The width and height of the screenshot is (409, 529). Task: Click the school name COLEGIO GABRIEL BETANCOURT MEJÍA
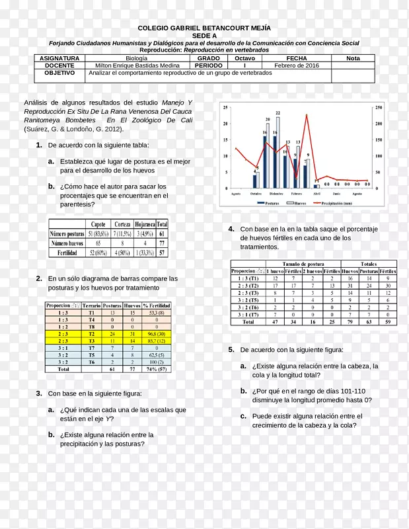tap(204, 28)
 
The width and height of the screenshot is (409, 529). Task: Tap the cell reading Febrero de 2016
tap(297, 65)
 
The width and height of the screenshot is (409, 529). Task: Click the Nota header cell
tap(353, 58)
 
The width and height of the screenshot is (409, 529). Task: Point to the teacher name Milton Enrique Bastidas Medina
tap(137, 65)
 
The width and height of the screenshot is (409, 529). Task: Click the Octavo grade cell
tap(244, 58)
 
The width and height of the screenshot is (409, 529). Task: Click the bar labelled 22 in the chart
tap(278, 151)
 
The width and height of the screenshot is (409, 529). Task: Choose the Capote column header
tap(98, 224)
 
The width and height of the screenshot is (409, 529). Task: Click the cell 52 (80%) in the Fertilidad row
tap(98, 253)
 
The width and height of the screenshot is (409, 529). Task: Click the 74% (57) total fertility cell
tap(157, 370)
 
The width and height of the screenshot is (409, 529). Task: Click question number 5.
tap(231, 349)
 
